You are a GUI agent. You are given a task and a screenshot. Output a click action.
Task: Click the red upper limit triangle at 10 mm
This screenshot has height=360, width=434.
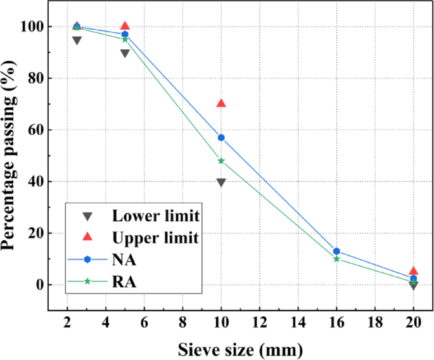(x=221, y=103)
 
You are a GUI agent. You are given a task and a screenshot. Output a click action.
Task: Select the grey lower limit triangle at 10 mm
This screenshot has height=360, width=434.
(x=221, y=182)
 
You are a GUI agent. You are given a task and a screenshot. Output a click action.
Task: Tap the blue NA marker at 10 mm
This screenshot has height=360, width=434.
(x=221, y=138)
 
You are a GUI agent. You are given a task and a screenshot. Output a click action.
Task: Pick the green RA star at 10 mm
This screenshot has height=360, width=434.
(x=221, y=161)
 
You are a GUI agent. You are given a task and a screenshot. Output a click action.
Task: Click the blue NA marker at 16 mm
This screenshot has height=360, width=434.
(x=336, y=252)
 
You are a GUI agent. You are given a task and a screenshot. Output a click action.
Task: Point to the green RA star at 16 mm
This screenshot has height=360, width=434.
(x=336, y=259)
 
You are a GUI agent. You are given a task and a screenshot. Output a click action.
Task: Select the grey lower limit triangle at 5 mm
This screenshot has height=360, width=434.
(x=125, y=53)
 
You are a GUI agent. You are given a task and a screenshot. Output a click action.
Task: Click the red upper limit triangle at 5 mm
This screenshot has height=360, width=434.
(x=125, y=26)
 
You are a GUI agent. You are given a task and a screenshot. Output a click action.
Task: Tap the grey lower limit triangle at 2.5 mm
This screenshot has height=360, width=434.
(x=77, y=40)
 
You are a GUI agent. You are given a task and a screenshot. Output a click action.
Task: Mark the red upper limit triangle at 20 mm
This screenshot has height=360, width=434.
(x=413, y=271)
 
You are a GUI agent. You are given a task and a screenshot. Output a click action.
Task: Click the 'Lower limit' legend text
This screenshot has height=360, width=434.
(x=156, y=215)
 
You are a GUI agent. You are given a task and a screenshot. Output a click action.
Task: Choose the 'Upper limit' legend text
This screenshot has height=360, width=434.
(x=156, y=238)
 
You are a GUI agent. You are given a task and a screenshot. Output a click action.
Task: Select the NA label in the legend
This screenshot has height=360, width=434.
(x=124, y=259)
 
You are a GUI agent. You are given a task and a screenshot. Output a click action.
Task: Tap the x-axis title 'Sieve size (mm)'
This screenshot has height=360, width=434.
(x=240, y=348)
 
